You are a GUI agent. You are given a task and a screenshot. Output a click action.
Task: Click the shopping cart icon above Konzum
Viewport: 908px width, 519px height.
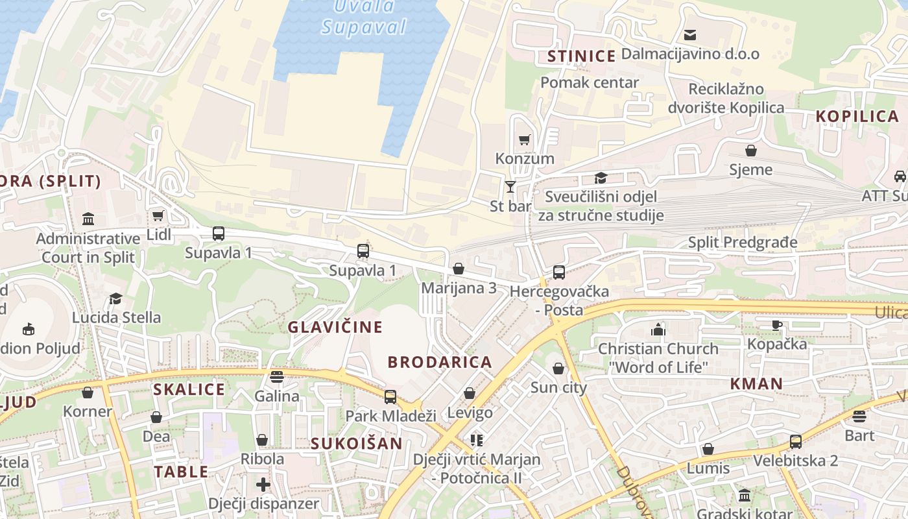point(524,139)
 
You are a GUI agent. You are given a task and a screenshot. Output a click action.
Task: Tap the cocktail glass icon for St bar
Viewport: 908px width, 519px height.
point(510,187)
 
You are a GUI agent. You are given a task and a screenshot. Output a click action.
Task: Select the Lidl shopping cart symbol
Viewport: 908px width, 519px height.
point(158,215)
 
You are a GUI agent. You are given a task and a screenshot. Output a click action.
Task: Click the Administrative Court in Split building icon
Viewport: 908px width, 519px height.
point(88,219)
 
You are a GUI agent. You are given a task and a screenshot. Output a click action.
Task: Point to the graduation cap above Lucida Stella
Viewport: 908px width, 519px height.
point(116,298)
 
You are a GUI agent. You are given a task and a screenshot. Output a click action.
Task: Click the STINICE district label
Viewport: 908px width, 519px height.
point(581,56)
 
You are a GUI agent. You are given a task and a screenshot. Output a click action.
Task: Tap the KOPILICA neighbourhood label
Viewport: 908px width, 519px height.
point(857,116)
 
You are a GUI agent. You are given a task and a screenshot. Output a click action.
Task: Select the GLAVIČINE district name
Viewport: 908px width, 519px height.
point(335,327)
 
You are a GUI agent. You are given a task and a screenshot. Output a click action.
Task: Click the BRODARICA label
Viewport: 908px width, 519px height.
point(440,362)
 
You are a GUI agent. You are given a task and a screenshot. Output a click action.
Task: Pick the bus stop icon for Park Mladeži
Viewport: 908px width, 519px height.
point(390,396)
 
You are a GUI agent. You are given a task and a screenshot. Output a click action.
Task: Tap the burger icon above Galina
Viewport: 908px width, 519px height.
point(277,377)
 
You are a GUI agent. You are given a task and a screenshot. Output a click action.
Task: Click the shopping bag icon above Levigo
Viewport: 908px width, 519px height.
point(470,393)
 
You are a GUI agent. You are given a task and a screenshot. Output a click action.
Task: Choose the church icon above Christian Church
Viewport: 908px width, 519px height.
point(658,330)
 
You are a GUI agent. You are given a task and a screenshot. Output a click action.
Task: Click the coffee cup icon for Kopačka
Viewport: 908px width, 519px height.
point(776,325)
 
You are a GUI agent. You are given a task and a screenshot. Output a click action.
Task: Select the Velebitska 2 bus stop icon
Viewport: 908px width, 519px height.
point(795,442)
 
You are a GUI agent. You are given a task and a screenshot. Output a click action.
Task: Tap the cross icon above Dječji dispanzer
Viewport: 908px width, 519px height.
point(263,484)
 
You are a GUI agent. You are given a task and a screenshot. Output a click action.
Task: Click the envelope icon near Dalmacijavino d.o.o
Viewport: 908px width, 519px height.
point(690,35)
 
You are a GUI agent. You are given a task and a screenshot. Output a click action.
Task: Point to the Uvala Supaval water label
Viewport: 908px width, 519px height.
point(364,17)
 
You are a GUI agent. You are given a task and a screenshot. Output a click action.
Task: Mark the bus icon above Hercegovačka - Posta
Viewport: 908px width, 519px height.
point(558,272)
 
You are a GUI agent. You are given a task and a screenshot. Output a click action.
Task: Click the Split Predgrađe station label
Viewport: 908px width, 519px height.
point(743,243)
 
